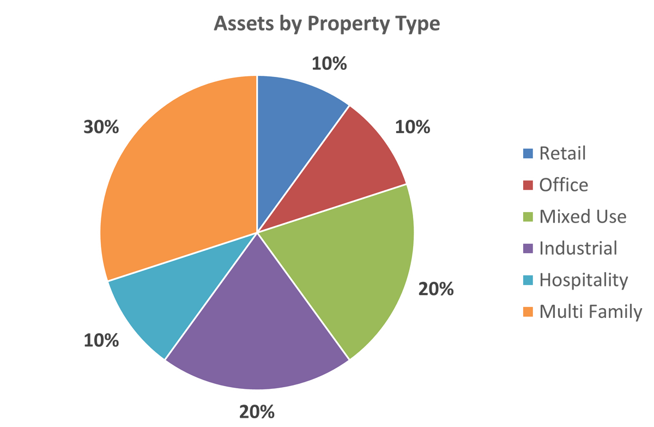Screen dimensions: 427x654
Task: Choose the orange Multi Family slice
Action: click(174, 175)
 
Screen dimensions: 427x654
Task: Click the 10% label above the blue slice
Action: click(329, 64)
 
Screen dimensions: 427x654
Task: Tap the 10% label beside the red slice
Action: click(413, 127)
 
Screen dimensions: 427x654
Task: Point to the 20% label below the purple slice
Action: click(257, 412)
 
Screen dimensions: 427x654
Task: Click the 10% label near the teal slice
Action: click(101, 341)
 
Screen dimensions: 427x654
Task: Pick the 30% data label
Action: click(101, 127)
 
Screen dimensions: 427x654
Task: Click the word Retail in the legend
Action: click(562, 153)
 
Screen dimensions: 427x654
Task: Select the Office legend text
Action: click(564, 185)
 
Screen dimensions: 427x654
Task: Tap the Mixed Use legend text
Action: click(583, 217)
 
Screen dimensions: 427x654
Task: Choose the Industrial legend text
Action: click(578, 249)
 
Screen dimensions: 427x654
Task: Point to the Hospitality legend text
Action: click(584, 280)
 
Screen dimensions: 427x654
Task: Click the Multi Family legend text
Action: click(591, 312)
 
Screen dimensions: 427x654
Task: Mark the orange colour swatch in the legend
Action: click(528, 312)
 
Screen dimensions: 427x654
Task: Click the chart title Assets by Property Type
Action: click(327, 25)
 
